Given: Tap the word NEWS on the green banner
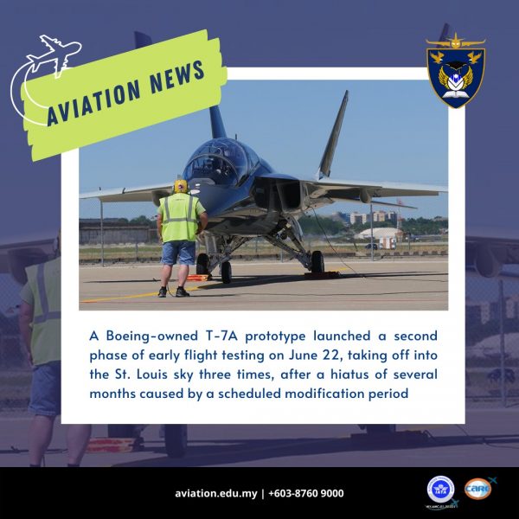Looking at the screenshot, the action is (x=177, y=76).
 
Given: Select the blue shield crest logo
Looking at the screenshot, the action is (x=456, y=70).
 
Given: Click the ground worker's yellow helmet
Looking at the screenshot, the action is (x=181, y=186).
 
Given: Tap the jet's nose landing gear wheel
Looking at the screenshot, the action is (x=227, y=272).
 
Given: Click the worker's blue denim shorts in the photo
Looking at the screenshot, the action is (x=178, y=253).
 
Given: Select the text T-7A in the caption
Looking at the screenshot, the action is (x=221, y=336).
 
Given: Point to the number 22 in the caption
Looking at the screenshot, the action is (x=331, y=356).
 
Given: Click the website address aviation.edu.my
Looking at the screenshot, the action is (x=215, y=494).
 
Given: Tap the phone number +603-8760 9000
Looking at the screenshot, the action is (x=306, y=493).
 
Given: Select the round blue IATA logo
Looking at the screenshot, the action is (x=440, y=490).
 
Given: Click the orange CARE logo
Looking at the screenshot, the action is (x=477, y=489).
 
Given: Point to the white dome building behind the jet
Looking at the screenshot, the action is (x=378, y=233).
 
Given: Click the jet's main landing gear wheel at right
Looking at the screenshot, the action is (x=317, y=262).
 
